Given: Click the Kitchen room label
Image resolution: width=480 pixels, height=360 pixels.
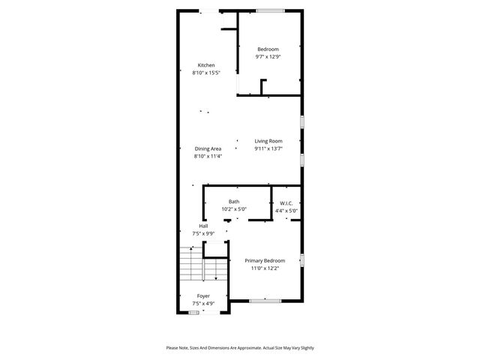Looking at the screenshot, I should click(206, 65).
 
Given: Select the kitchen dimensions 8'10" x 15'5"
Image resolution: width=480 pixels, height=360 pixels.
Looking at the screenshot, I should click(206, 73).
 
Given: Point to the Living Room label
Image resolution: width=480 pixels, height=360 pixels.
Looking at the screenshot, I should click(268, 141).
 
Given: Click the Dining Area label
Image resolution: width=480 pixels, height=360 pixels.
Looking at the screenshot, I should click(208, 148).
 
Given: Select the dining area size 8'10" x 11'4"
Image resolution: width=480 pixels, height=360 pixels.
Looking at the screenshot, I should click(208, 157).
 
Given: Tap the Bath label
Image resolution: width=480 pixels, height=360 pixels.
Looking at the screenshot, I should click(234, 202).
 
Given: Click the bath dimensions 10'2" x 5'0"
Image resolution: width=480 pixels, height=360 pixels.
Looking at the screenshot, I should click(234, 210).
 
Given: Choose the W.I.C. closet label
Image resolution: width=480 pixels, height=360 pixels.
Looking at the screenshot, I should click(286, 202).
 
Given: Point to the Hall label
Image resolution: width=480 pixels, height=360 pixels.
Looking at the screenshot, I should click(203, 226).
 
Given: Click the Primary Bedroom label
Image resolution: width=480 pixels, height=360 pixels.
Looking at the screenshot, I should click(264, 260).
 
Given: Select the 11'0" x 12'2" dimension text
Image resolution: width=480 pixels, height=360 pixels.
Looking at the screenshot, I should click(264, 268).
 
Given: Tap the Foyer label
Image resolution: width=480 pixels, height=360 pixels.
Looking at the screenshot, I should click(203, 295).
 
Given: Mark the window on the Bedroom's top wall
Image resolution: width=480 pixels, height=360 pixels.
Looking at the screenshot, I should click(269, 10).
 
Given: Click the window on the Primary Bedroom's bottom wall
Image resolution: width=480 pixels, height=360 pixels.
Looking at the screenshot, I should click(265, 301).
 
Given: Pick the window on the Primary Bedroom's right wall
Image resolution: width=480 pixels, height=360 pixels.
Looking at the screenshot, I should click(301, 260).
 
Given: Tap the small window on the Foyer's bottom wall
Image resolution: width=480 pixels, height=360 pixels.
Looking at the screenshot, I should click(194, 313).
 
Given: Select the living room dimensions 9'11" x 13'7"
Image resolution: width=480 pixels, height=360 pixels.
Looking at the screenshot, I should click(268, 149).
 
